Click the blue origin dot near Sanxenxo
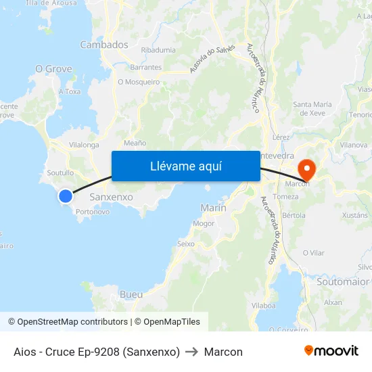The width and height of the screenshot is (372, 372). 65,196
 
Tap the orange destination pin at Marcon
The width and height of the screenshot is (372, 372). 307,168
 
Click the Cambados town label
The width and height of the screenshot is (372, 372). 104,45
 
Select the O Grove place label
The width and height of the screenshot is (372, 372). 53,69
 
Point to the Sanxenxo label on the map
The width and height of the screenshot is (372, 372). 111,197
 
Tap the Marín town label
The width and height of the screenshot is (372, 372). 214,208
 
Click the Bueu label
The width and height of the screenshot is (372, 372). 131,294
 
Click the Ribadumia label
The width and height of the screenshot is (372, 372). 158,50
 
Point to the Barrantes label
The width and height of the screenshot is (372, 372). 146,68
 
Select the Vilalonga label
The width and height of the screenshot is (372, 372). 84,145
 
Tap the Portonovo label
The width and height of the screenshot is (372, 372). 93,212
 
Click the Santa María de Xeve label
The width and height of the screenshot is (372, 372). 312,108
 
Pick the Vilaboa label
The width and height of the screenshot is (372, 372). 263,306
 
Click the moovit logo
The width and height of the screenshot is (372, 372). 331,351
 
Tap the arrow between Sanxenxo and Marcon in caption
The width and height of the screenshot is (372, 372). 192,352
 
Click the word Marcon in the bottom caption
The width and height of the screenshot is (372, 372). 223,352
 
